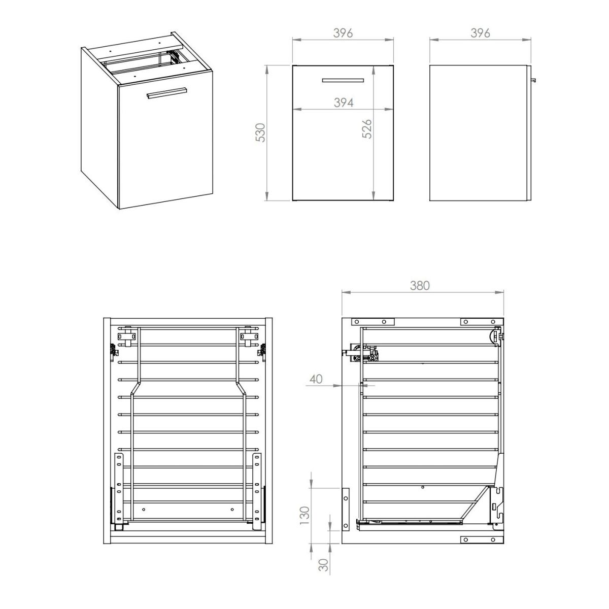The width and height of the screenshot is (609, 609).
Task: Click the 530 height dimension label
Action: coord(261,133)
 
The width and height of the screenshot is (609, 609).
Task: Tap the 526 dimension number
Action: coord(367,128)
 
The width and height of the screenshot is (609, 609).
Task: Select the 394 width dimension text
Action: coord(344,103)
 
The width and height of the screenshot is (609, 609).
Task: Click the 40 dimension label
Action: coord(316,379)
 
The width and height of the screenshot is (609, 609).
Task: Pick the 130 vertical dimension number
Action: coord(304,516)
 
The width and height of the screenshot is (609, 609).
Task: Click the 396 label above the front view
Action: coord(343,33)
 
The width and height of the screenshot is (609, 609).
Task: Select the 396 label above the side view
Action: coord(480,33)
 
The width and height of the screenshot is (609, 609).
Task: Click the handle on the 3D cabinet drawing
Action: coord(166,93)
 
